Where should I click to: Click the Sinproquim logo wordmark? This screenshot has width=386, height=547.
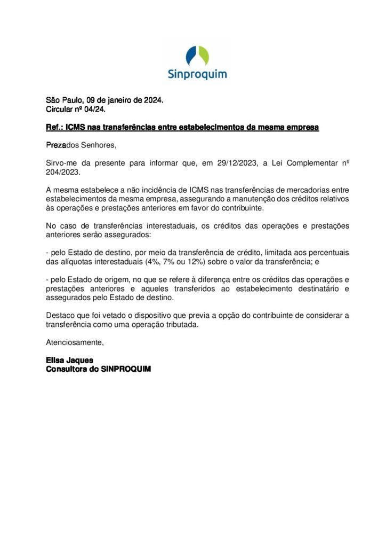click(197, 73)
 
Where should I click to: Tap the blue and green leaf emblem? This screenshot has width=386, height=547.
click(197, 56)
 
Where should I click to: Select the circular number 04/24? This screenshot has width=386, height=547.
click(92, 110)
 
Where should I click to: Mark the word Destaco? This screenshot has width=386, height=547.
click(61, 316)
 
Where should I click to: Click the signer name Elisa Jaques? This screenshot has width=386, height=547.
click(70, 361)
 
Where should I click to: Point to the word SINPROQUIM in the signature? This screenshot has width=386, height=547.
click(126, 369)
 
